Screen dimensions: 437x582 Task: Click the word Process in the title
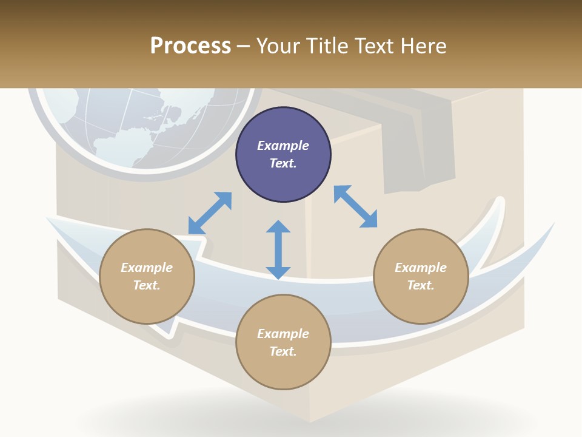[x=190, y=46]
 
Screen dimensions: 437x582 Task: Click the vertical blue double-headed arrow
[x=278, y=249]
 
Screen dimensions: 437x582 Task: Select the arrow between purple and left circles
[x=210, y=213]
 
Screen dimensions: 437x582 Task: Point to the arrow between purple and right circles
[x=356, y=206]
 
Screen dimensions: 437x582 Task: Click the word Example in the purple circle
[x=283, y=146]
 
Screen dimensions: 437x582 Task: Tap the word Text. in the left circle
[x=147, y=285]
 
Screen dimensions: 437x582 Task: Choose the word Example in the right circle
[x=421, y=268]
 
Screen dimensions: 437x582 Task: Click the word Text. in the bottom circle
[x=283, y=351]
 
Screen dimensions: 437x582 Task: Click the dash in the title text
[x=244, y=46]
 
